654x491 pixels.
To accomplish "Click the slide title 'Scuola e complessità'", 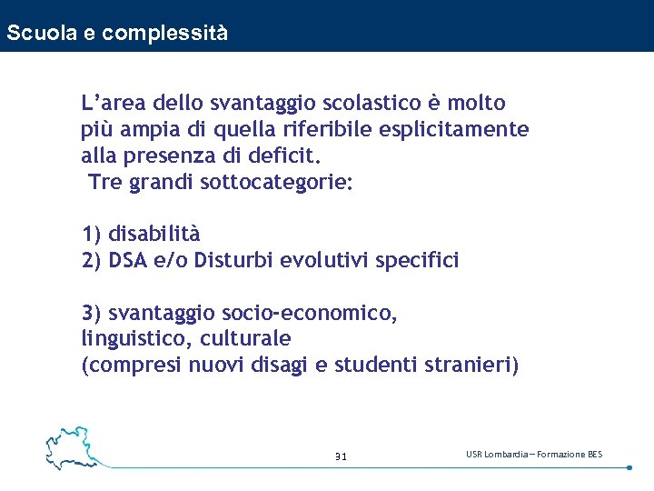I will point(116,34).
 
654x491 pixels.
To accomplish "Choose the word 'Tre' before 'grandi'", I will point(104,182).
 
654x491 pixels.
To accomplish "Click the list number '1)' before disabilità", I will point(92,235).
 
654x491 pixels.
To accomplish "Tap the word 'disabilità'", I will point(154,235).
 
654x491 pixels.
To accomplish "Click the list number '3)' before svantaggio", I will point(92,314).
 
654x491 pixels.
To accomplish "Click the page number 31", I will point(341,456).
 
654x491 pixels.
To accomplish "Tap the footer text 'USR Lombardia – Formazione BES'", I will point(533,454).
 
